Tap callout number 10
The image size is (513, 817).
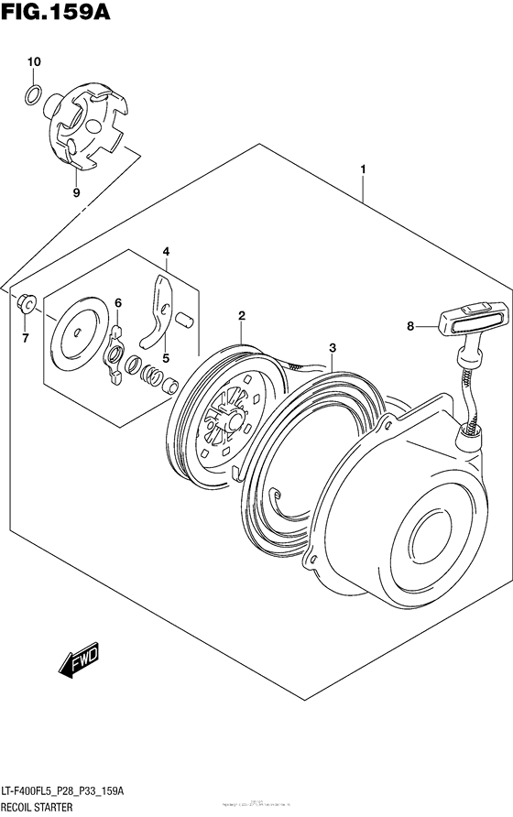tap(34, 61)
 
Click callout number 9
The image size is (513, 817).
tap(76, 192)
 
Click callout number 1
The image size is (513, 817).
tap(364, 170)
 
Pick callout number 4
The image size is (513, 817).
tap(166, 251)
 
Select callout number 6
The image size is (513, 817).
tap(117, 303)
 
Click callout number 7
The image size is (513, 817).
tap(25, 338)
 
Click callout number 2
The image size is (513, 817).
tap(242, 316)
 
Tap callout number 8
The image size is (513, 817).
tap(411, 325)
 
